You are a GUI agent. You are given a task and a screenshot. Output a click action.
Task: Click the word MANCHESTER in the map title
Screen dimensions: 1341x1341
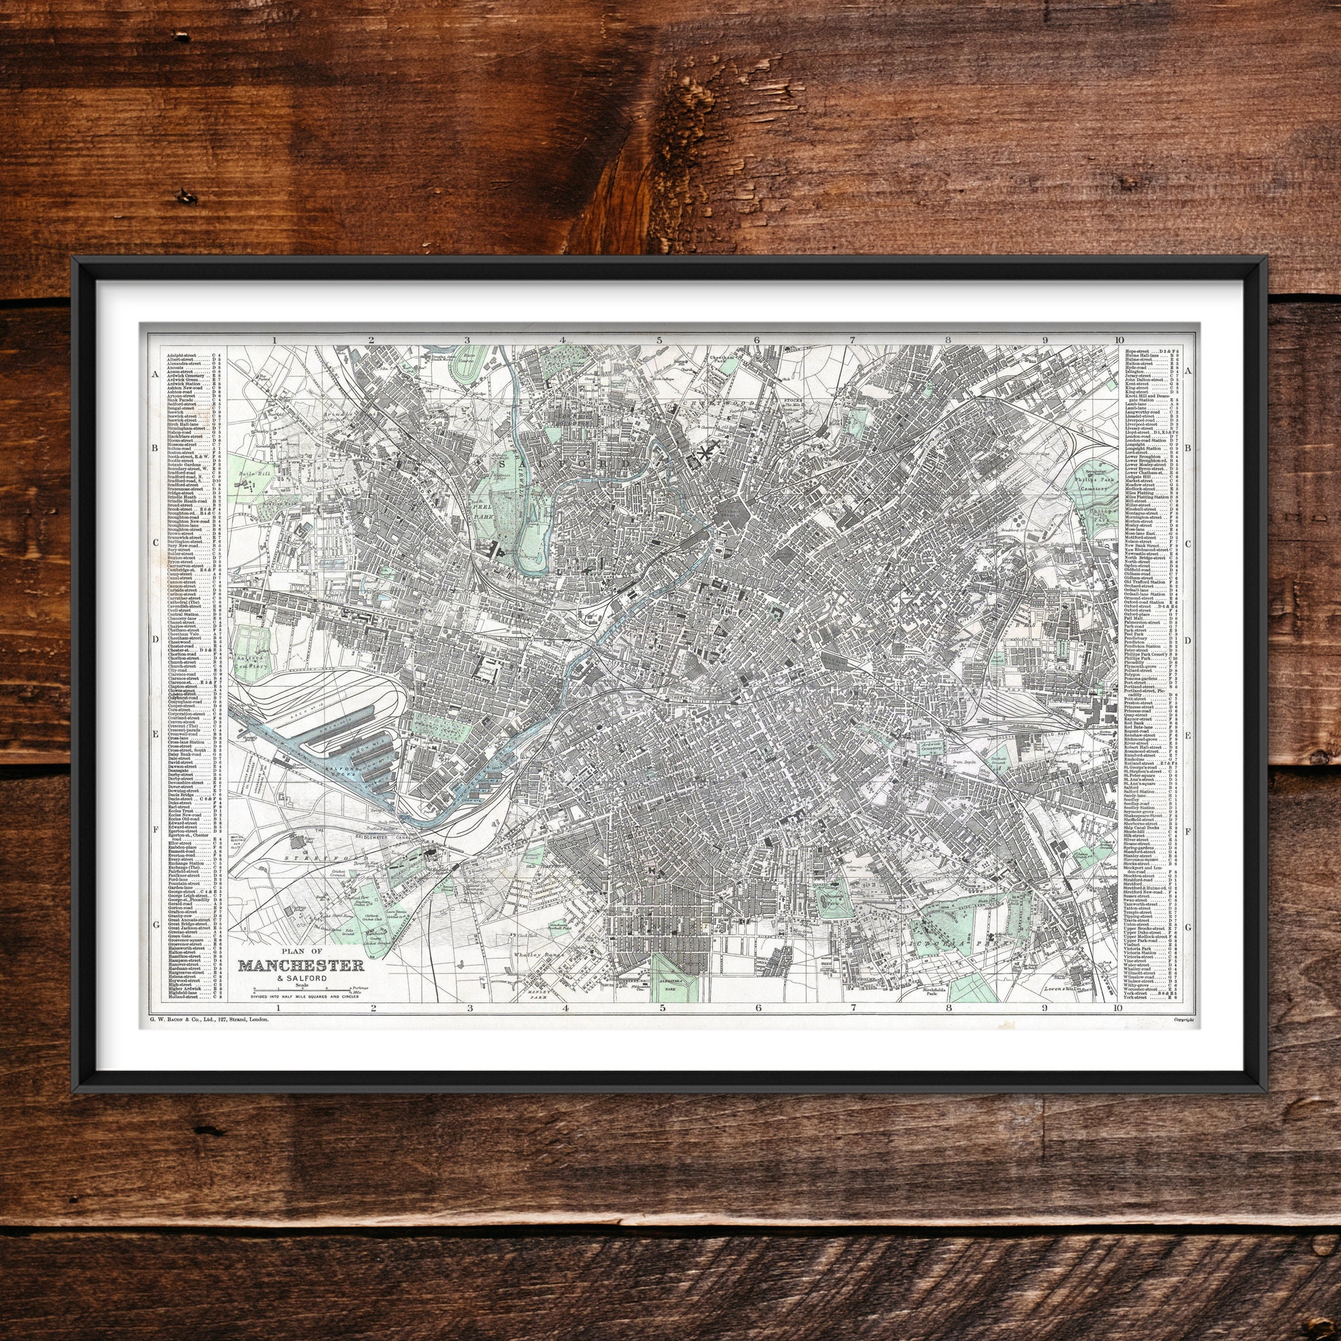300,966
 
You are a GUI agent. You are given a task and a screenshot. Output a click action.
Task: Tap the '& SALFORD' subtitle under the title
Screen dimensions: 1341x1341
300,979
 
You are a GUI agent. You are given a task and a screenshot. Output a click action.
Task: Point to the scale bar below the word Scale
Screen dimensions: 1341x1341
300,988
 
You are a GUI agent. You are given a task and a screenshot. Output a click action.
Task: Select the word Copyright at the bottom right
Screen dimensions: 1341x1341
1183,1020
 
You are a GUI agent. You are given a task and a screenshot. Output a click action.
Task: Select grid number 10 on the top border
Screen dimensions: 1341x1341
1117,340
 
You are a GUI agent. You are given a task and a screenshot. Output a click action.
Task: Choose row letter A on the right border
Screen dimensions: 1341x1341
1187,371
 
